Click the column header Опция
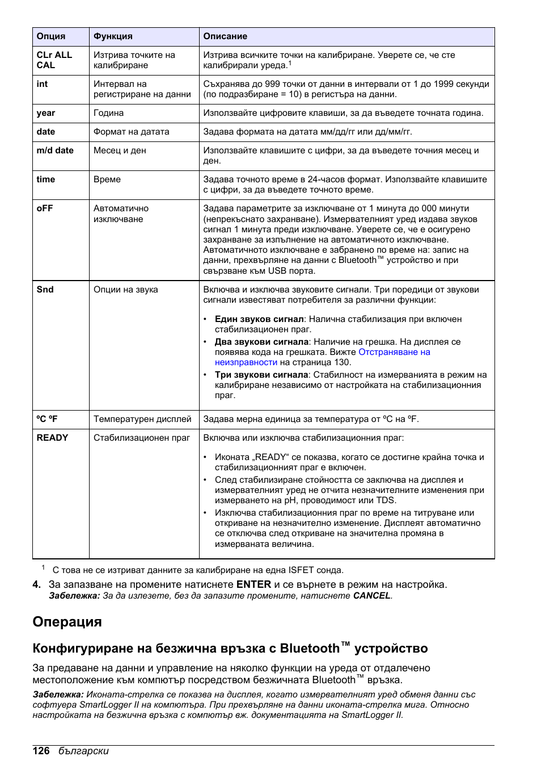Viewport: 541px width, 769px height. coord(51,36)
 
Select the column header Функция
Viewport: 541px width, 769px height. coord(113,36)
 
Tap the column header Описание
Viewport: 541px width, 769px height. coord(225,36)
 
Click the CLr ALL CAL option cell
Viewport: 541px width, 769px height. coord(54,60)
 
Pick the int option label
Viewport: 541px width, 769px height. coord(43,84)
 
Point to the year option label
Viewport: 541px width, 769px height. coord(46,113)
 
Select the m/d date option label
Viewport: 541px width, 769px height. coord(55,151)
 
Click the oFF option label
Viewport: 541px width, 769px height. coord(45,208)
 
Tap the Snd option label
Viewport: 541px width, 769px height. coord(45,290)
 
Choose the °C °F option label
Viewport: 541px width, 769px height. coord(47,419)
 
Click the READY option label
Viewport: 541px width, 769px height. coord(52,438)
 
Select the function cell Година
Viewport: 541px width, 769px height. coord(108,113)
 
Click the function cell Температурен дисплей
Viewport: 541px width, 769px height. coord(142,419)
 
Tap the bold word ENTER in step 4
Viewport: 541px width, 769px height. coord(253,584)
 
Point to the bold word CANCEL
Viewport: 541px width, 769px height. coord(371,596)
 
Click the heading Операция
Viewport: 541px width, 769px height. coord(67,622)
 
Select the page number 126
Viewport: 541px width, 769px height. coord(41,751)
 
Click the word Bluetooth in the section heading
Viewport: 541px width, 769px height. coord(310,649)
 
